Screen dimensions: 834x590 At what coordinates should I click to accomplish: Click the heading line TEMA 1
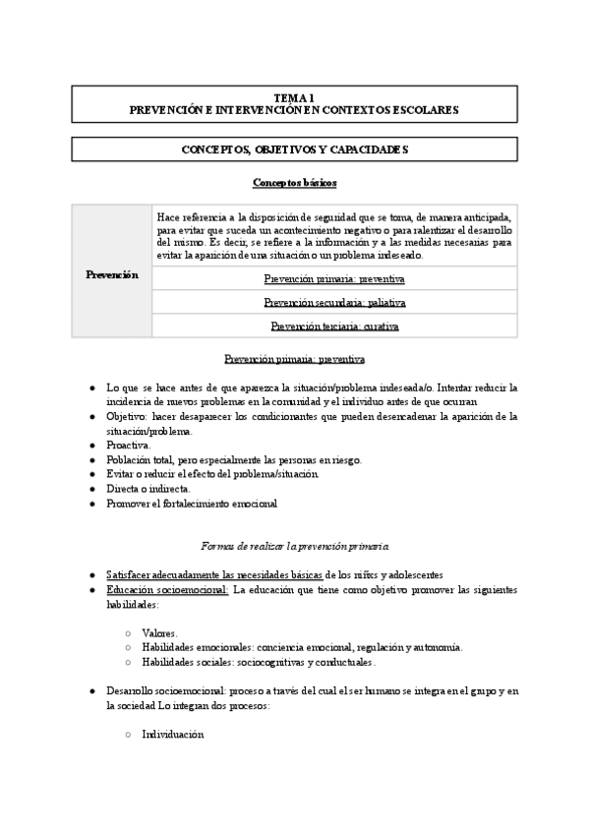click(294, 97)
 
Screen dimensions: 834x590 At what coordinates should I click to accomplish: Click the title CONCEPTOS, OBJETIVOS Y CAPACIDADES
click(294, 149)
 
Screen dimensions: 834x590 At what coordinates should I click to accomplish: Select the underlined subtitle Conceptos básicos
click(295, 183)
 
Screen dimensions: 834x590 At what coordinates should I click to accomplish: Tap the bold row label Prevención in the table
click(113, 274)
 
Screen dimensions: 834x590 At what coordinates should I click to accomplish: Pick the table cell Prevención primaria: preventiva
click(334, 278)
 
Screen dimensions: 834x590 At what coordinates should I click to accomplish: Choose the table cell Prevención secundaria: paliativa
click(334, 302)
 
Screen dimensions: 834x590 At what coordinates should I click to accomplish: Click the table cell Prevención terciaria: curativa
click(334, 326)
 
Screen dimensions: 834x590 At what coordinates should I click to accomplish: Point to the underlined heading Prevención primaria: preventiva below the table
click(295, 359)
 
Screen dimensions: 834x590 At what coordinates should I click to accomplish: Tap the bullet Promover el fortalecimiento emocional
click(192, 503)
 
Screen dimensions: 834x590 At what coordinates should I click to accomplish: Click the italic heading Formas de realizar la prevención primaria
click(295, 543)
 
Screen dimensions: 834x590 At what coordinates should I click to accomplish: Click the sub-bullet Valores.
click(159, 632)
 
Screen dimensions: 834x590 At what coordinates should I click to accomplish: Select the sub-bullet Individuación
click(172, 734)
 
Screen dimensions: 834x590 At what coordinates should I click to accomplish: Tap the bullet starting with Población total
click(234, 459)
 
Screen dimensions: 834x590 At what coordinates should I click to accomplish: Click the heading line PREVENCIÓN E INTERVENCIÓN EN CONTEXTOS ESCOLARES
click(294, 110)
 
